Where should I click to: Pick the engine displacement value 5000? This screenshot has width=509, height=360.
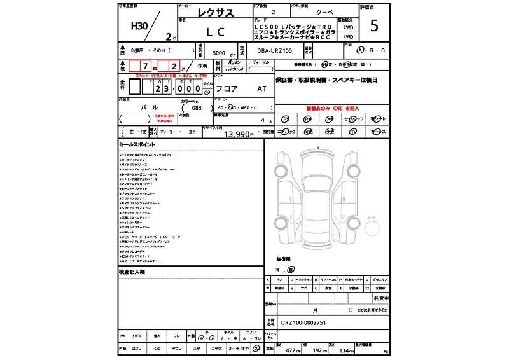[218, 53]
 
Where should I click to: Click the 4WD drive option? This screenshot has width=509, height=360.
[348, 37]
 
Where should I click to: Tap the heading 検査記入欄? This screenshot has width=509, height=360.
[132, 272]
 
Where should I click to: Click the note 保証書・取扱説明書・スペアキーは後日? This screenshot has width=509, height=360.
[325, 80]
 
